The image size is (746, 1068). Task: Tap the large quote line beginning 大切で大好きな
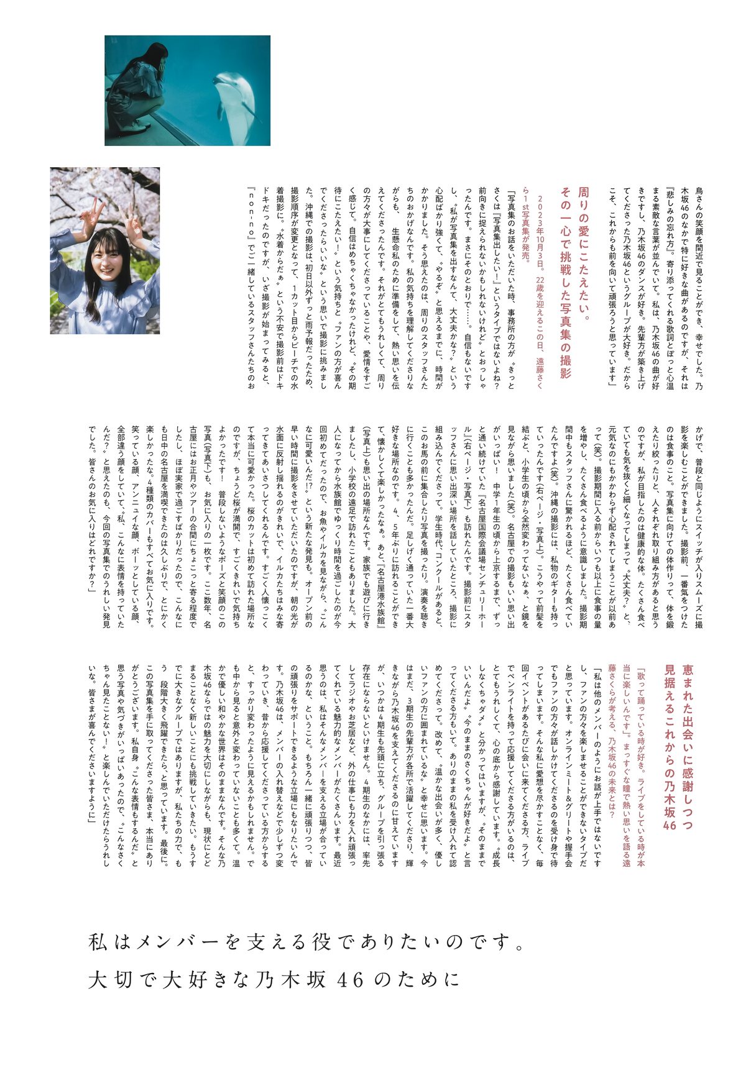(274, 980)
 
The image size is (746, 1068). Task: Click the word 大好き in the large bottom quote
(196, 980)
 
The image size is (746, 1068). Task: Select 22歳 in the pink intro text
(540, 288)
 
